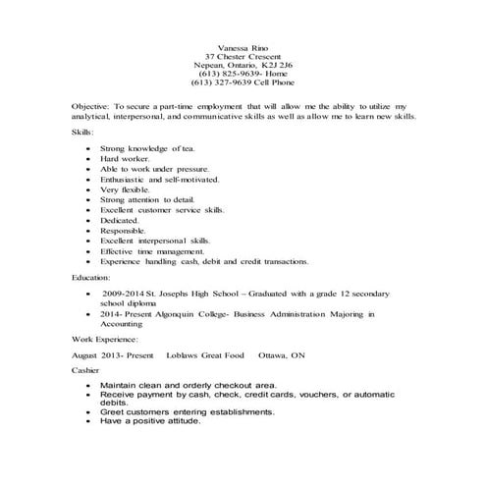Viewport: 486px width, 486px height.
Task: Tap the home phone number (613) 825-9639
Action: [x=226, y=75]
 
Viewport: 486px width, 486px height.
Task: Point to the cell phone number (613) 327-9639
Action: [x=221, y=84]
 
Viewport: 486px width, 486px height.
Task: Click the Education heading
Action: [x=91, y=278]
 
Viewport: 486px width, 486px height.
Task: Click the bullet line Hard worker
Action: [x=123, y=157]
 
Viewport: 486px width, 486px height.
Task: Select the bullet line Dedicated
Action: [x=120, y=221]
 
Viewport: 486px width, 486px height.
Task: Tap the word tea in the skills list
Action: [x=188, y=146]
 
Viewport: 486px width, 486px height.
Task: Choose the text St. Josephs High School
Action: [x=191, y=294]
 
